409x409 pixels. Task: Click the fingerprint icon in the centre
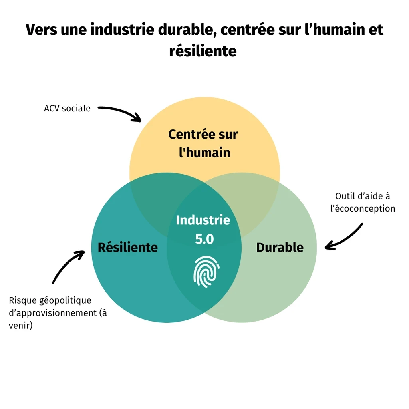pyautogui.click(x=206, y=272)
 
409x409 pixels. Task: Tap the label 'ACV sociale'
pyautogui.click(x=67, y=108)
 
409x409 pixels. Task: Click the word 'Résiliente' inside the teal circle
pyautogui.click(x=128, y=247)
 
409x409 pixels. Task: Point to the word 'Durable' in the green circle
pyautogui.click(x=280, y=247)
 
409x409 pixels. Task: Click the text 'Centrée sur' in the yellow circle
pyautogui.click(x=203, y=134)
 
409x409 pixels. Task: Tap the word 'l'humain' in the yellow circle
pyautogui.click(x=204, y=152)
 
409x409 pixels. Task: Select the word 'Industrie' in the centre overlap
pyautogui.click(x=203, y=220)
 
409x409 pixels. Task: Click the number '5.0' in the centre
pyautogui.click(x=204, y=239)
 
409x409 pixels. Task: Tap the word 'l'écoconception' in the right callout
pyautogui.click(x=363, y=208)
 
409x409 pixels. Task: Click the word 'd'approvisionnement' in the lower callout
pyautogui.click(x=53, y=313)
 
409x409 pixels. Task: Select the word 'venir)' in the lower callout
pyautogui.click(x=21, y=326)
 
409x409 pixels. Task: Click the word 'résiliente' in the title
pyautogui.click(x=203, y=51)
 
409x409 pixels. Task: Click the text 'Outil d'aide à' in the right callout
pyautogui.click(x=362, y=196)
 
